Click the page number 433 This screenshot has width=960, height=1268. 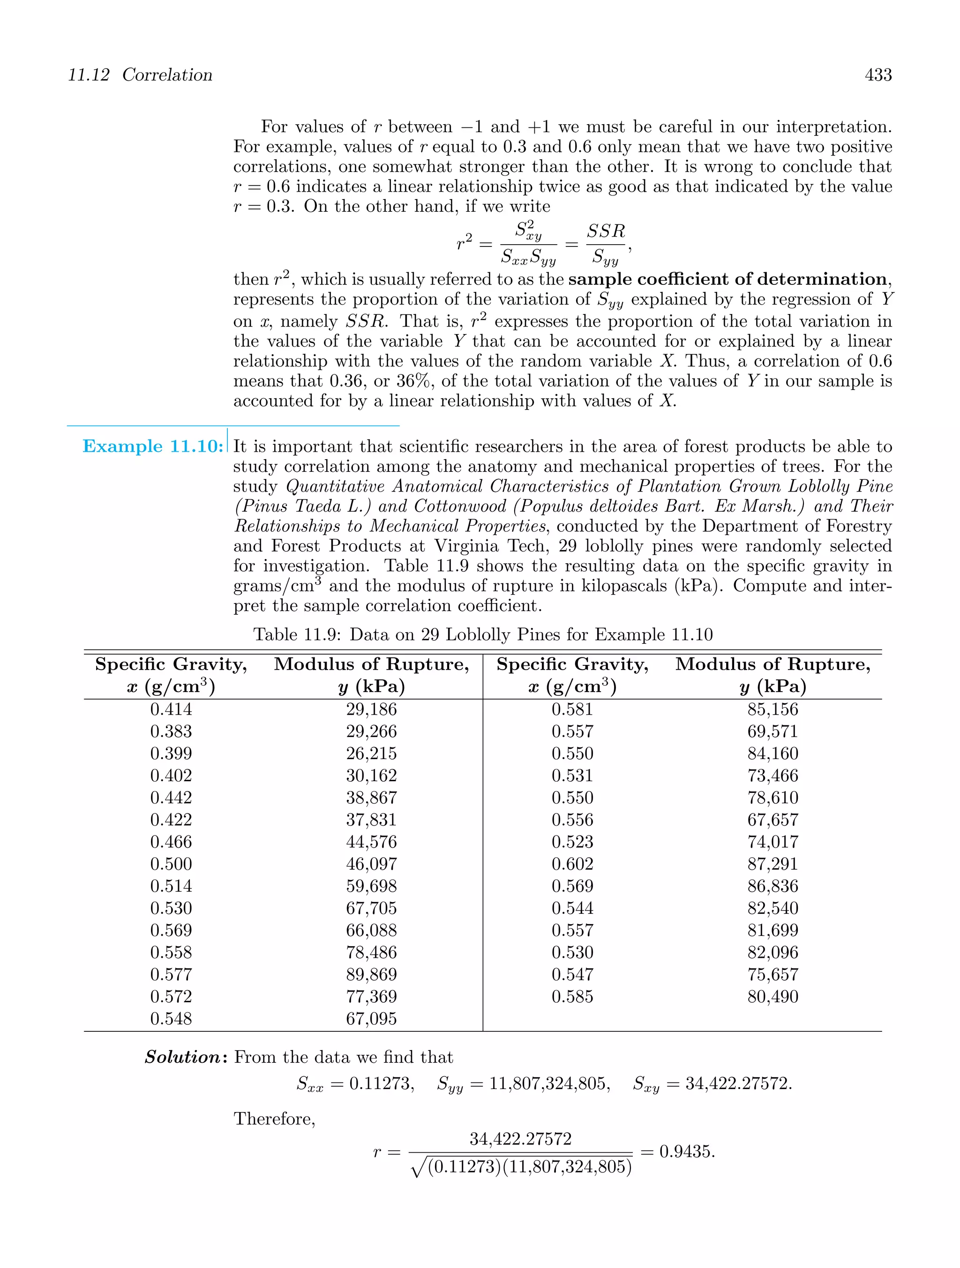(x=878, y=75)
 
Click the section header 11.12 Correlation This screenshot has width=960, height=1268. (x=140, y=75)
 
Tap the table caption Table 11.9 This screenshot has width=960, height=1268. (x=483, y=634)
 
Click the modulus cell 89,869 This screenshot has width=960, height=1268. (x=371, y=975)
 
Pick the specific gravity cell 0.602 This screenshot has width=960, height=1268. (x=572, y=864)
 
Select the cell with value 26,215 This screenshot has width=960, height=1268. (x=371, y=753)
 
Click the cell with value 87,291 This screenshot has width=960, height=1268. (x=772, y=864)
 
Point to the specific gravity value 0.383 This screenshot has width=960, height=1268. (x=171, y=731)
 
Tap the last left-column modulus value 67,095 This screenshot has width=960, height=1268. (x=371, y=1019)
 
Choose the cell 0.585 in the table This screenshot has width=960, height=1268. (x=572, y=996)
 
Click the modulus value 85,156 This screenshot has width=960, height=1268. (x=772, y=709)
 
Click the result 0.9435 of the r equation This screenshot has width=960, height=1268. (x=686, y=1152)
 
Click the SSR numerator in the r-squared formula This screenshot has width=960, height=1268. (x=606, y=231)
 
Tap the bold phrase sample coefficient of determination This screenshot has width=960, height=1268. (x=727, y=280)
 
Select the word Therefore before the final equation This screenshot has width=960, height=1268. (x=274, y=1119)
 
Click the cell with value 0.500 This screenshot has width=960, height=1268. (x=171, y=864)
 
